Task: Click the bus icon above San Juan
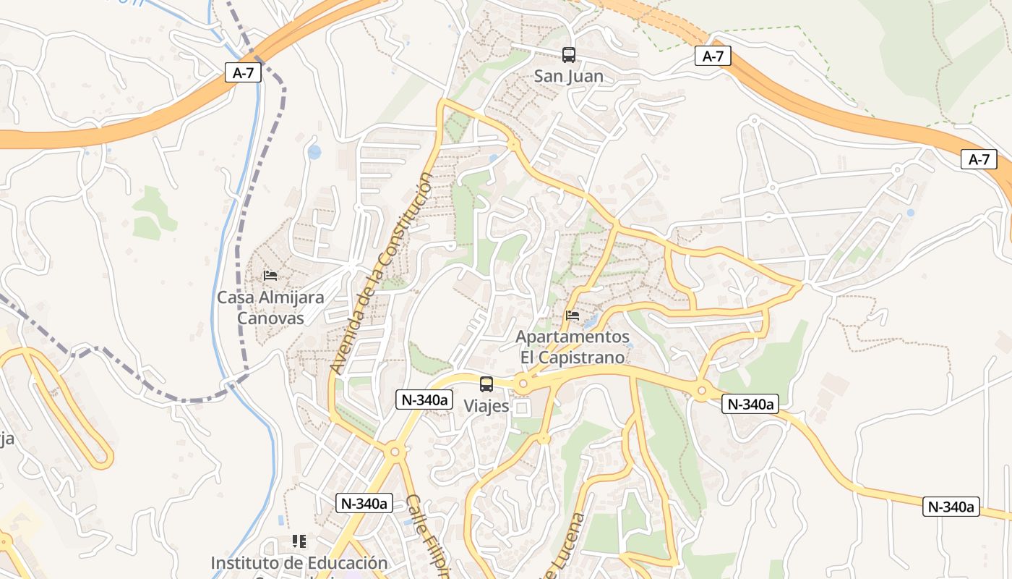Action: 569,54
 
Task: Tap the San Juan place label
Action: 568,76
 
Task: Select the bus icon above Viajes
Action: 486,384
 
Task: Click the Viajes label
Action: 486,406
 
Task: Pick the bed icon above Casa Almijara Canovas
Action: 270,276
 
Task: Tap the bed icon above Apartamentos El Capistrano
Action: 573,316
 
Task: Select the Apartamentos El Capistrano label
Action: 573,347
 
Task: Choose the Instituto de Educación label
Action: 299,563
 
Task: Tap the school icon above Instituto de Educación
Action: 299,541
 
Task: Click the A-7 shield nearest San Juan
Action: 713,56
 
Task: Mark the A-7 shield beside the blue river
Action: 243,72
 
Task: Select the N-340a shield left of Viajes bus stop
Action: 424,399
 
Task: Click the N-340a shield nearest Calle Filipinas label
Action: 364,503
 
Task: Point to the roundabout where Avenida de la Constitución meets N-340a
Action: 395,452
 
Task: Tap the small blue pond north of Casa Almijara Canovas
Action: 314,152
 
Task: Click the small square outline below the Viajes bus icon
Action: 521,409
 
